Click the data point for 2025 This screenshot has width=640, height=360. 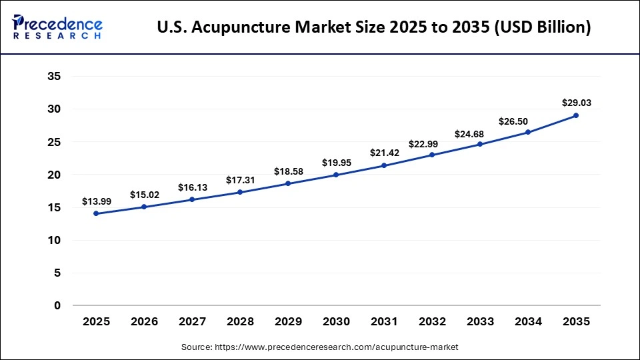pos(97,213)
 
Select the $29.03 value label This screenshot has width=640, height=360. pos(576,103)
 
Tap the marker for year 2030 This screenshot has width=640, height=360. pos(336,175)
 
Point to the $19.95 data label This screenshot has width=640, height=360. pos(336,162)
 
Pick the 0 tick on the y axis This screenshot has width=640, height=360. pos(58,305)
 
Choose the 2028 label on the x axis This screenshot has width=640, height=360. pos(240,322)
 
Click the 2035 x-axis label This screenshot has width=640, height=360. pos(576,322)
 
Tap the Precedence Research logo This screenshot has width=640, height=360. pos(57,27)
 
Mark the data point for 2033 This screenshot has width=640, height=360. pos(480,144)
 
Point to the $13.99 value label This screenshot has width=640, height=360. pos(97,201)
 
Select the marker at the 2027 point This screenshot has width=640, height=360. pos(192,199)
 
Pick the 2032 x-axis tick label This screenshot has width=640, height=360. pos(432,322)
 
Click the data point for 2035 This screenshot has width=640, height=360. pos(576,115)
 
